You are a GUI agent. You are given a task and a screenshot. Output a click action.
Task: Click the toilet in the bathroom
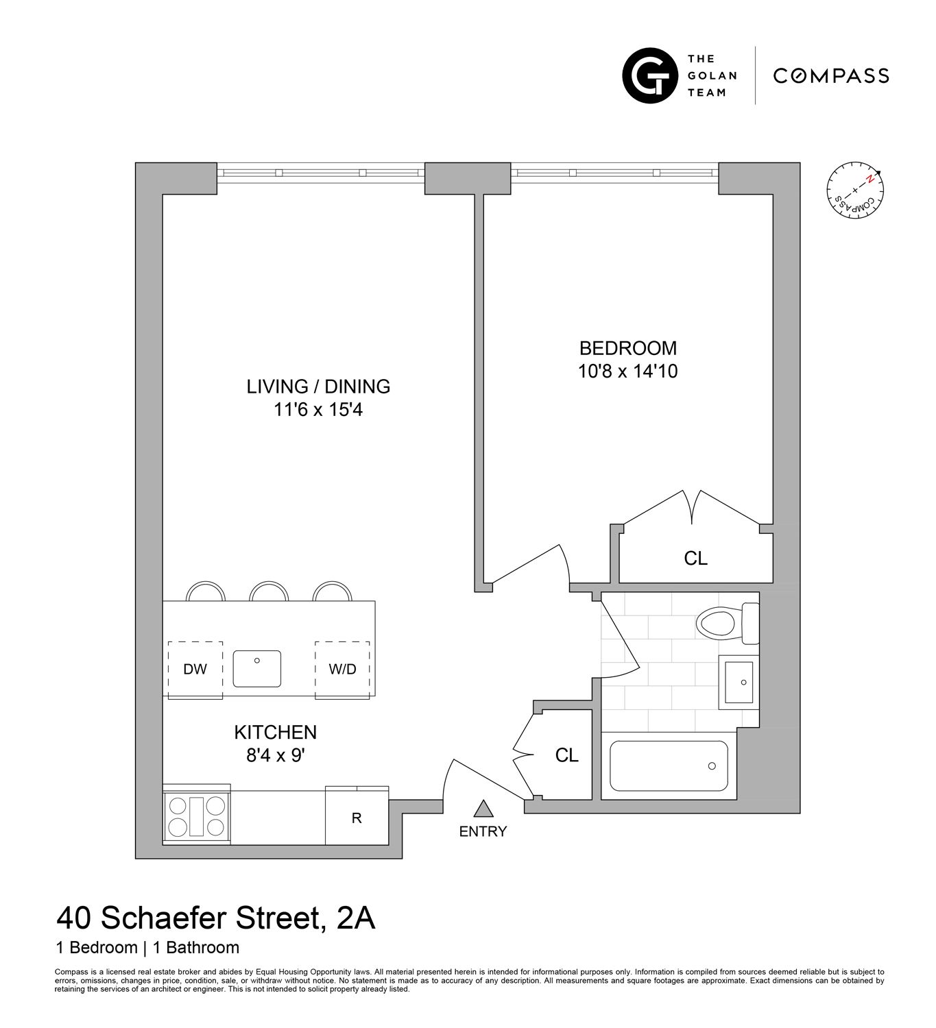pos(725,624)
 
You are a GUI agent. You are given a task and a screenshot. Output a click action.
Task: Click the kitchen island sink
pos(257,669)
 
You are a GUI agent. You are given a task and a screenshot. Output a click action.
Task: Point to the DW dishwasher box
pos(195,670)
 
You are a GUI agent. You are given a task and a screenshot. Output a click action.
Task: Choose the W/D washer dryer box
pos(342,670)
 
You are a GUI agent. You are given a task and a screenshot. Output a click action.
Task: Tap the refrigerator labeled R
pos(357,818)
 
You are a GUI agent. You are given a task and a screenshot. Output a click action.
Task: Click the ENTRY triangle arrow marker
pos(484,809)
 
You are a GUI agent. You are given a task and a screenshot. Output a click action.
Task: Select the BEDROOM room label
pos(627,348)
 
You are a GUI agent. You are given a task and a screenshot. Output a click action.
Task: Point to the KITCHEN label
pos(276,732)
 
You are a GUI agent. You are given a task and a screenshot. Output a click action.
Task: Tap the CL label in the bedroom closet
pos(695,559)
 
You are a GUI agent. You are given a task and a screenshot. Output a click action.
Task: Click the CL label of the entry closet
pos(566,755)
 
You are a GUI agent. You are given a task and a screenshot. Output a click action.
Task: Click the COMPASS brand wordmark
pos(831,75)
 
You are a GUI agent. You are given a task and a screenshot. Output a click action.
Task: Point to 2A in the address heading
pos(357,918)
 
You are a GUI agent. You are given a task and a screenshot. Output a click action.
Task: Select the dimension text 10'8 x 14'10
pos(627,371)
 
